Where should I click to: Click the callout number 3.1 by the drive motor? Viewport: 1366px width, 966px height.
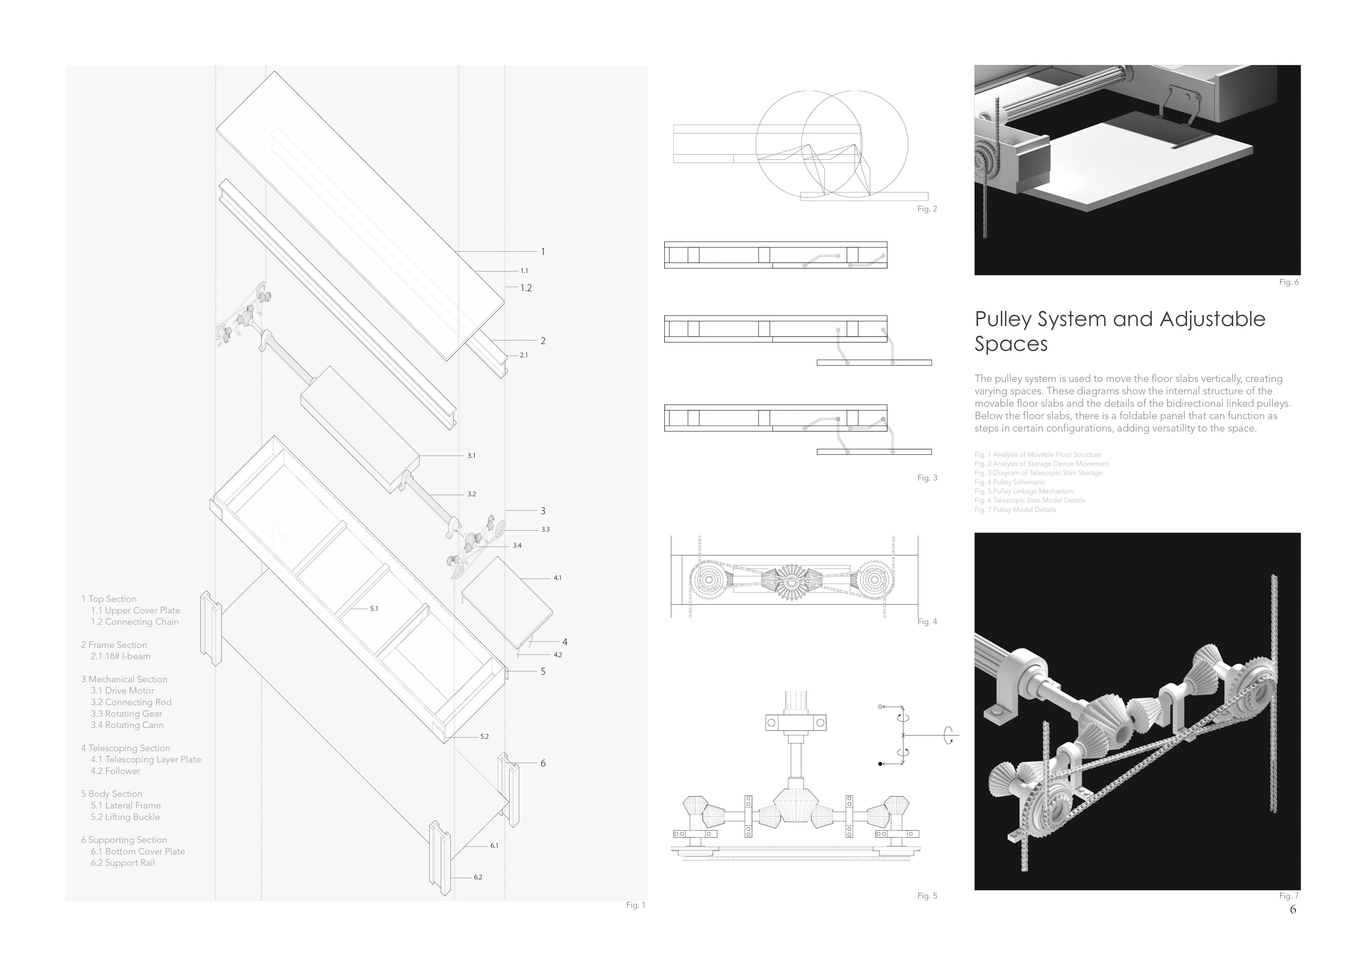[x=471, y=456]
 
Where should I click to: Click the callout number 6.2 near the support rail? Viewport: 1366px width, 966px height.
[x=478, y=877]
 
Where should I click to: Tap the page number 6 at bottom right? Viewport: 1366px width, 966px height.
[x=1292, y=910]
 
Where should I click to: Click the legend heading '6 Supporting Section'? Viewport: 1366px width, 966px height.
[x=124, y=840]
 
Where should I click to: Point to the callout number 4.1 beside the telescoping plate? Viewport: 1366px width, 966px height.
[x=558, y=577]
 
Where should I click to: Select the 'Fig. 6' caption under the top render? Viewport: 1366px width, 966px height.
[x=1289, y=282]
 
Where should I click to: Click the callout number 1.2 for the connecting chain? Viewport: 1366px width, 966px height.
[x=526, y=288]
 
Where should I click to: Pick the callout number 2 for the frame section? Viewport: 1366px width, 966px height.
[x=543, y=341]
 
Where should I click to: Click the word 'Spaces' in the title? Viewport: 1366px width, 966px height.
[x=1011, y=344]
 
